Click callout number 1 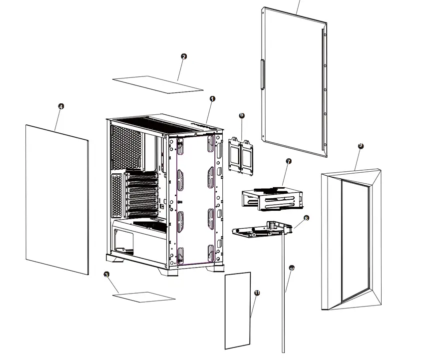tap(212, 99)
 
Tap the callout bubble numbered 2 tap(184, 56)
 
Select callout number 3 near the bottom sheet tap(106, 275)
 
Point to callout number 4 tap(61, 106)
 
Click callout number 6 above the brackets tap(242, 115)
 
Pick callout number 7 tap(288, 161)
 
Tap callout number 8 tap(306, 218)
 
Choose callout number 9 tap(361, 146)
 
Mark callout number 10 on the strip tap(292, 269)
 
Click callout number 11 tap(257, 293)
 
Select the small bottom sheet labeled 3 tap(144, 297)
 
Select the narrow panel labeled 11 tap(237, 310)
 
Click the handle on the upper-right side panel tap(261, 74)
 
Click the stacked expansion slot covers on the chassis tap(141, 195)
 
